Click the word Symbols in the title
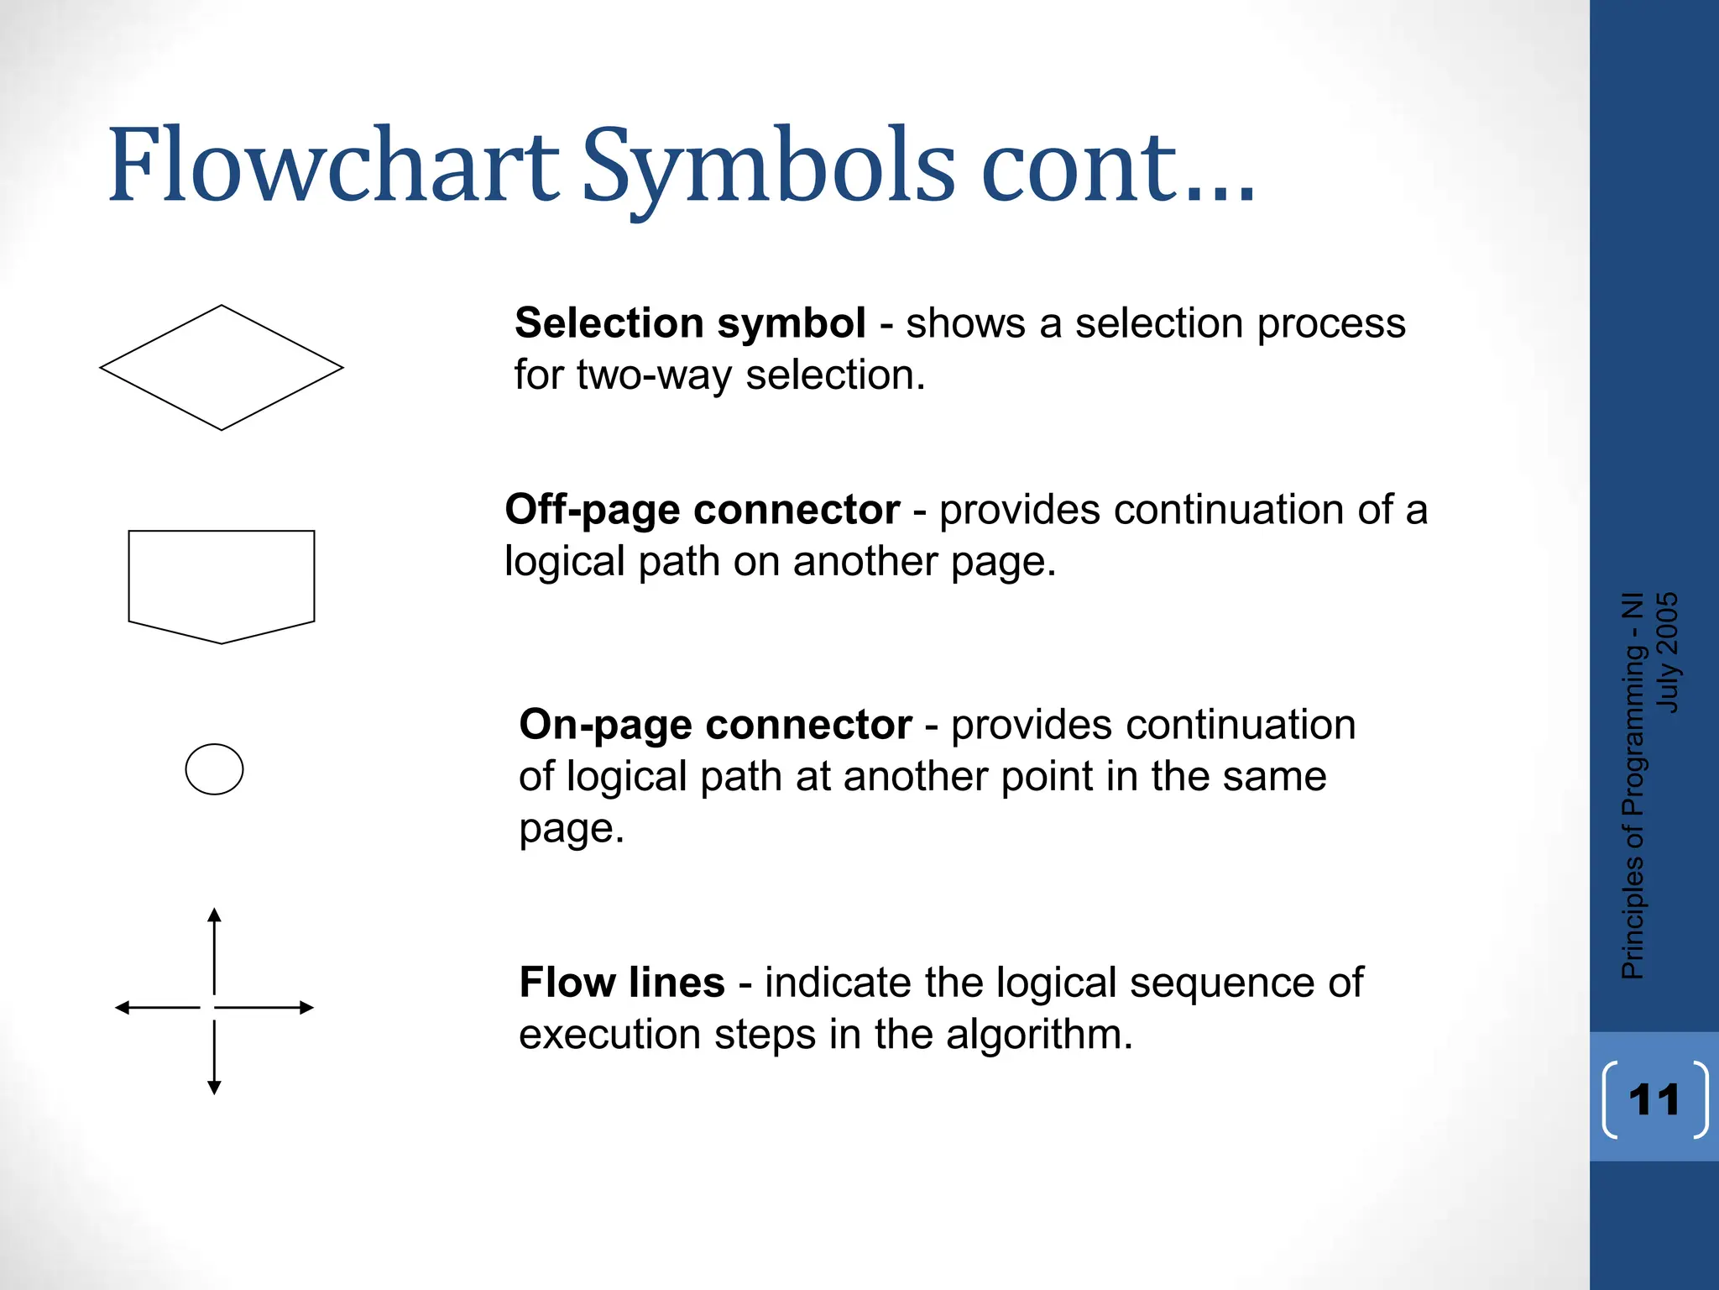point(768,165)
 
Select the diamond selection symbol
point(222,368)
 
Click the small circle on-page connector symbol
point(214,769)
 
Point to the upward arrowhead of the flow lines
point(214,915)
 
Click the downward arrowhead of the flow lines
point(214,1087)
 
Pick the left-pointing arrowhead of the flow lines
point(123,1007)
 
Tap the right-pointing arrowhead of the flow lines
point(306,1007)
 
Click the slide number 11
point(1654,1099)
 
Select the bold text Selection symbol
point(690,323)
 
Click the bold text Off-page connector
point(702,510)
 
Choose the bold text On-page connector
point(715,725)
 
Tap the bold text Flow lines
point(622,983)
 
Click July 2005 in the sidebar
point(1668,653)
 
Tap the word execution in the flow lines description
point(609,1035)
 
